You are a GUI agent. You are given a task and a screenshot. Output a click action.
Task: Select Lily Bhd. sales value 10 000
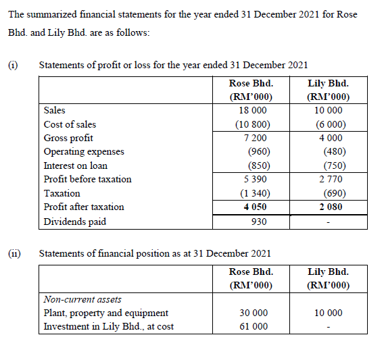pyautogui.click(x=329, y=110)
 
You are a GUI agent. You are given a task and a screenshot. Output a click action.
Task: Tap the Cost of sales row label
pyautogui.click(x=70, y=124)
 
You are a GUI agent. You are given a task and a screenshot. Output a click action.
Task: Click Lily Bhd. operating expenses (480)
pyautogui.click(x=331, y=151)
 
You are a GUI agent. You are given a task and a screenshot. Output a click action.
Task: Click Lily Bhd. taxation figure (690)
pyautogui.click(x=331, y=193)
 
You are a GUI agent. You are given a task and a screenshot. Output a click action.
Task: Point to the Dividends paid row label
pyautogui.click(x=74, y=222)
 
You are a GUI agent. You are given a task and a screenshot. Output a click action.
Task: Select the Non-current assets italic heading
pyautogui.click(x=82, y=299)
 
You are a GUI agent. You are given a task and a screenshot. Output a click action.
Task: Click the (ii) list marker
pyautogui.click(x=14, y=253)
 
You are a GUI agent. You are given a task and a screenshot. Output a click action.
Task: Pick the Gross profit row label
pyautogui.click(x=68, y=138)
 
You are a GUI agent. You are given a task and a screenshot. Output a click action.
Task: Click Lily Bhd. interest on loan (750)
pyautogui.click(x=331, y=165)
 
